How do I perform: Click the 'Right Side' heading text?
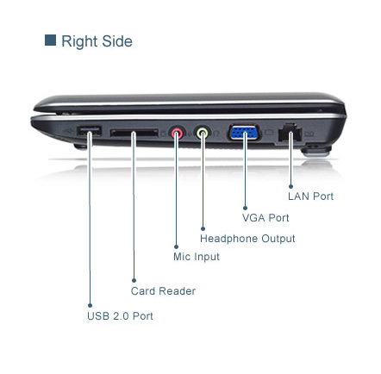(x=97, y=41)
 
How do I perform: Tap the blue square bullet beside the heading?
(x=50, y=41)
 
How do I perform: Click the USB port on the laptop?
(x=89, y=131)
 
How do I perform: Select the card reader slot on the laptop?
(x=134, y=133)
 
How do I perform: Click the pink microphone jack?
(x=178, y=133)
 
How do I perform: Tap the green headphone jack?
(x=203, y=133)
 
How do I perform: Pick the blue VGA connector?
(x=245, y=133)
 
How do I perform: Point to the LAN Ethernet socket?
(x=290, y=133)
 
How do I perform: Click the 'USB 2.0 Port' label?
(x=120, y=316)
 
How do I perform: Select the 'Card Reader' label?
(x=163, y=291)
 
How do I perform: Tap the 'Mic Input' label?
(x=197, y=257)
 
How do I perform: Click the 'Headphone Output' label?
(x=247, y=239)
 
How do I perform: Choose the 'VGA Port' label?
(x=265, y=218)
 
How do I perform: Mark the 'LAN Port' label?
(x=311, y=196)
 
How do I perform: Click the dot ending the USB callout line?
(x=90, y=305)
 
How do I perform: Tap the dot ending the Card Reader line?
(x=134, y=280)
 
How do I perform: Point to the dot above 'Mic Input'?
(x=176, y=246)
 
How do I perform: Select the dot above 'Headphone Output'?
(x=203, y=228)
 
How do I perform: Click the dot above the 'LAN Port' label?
(x=290, y=187)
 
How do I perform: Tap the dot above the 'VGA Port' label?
(x=245, y=208)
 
